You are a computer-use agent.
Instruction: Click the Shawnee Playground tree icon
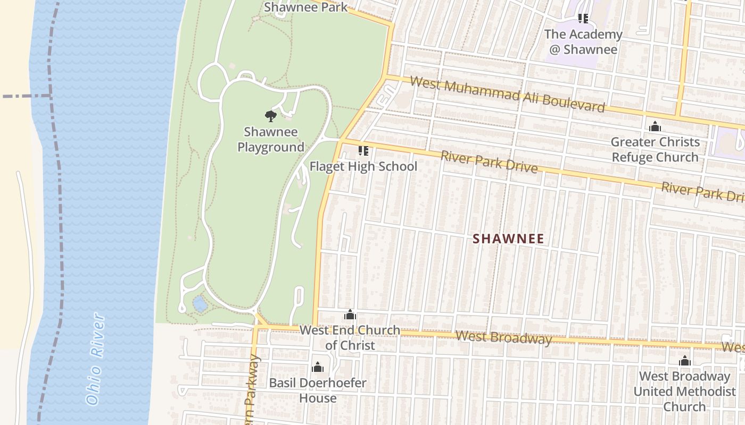coord(271,116)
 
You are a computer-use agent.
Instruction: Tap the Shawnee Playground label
coord(271,139)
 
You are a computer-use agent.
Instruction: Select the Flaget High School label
coord(363,166)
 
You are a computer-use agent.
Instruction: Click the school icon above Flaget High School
coord(363,151)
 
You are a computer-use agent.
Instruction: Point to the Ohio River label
coord(95,359)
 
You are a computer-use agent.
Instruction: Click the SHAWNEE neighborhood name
coord(509,239)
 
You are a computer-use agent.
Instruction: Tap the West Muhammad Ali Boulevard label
coord(508,95)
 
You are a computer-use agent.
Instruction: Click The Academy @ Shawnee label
coord(583,41)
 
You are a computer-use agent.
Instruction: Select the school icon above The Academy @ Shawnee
coord(583,19)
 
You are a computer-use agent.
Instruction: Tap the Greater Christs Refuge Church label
coord(655,149)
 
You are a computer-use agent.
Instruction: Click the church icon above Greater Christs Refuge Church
coord(655,126)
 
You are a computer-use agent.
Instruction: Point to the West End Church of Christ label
coord(350,337)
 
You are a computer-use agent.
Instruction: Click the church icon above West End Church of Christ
coord(350,314)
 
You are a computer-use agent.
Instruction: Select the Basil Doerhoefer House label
coord(318,390)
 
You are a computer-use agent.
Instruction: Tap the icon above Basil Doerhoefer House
coord(318,367)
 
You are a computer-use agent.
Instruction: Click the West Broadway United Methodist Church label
coord(684,391)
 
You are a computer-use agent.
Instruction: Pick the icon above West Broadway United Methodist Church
coord(685,361)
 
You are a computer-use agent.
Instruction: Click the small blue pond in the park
coord(200,304)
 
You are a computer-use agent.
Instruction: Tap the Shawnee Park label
coord(305,7)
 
